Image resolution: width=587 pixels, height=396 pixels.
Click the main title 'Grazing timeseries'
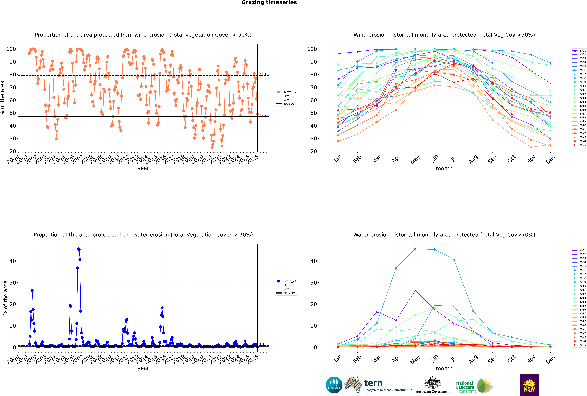point(269,3)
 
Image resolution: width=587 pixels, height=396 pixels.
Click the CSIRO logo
point(334,385)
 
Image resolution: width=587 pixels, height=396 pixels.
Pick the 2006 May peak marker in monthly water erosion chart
point(415,249)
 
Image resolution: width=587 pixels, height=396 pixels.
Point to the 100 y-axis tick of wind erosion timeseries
point(11,49)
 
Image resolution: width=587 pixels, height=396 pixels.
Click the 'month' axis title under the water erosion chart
point(444,368)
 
